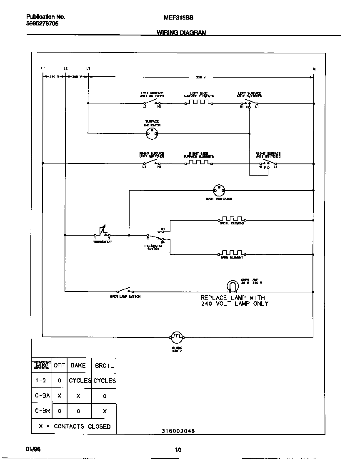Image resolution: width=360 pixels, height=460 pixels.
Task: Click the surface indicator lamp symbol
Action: (x=152, y=133)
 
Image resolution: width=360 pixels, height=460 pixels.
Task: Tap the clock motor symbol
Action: (x=177, y=337)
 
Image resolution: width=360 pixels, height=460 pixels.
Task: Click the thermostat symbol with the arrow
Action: (x=102, y=232)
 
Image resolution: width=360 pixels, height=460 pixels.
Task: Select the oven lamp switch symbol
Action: (x=124, y=291)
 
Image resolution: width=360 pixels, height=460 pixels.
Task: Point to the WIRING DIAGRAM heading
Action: (x=181, y=33)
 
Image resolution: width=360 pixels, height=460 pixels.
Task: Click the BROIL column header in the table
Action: (x=104, y=365)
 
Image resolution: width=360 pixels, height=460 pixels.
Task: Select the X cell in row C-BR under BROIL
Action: (x=105, y=411)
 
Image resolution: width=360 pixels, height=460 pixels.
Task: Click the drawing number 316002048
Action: (x=178, y=431)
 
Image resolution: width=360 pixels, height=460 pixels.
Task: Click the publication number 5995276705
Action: (x=42, y=24)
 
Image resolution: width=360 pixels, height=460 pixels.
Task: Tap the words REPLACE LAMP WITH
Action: (x=232, y=297)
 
